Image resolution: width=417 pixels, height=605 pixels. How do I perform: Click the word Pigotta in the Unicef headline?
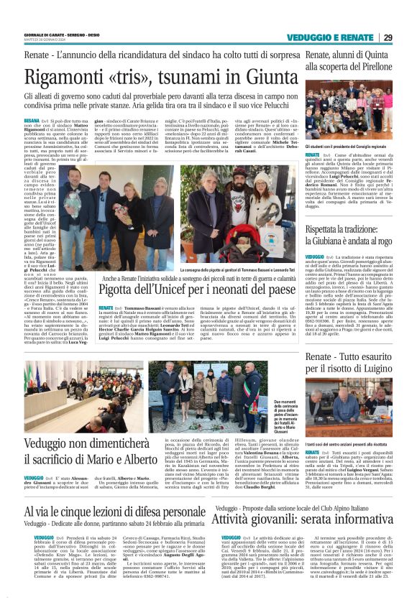pyautogui.click(x=122, y=288)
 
